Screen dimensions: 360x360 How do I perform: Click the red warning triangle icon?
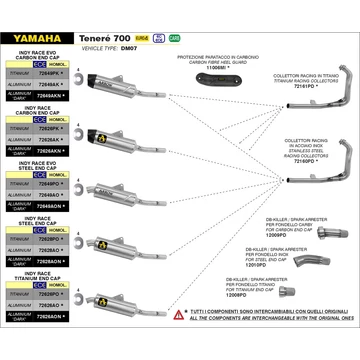pos(177,340)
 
